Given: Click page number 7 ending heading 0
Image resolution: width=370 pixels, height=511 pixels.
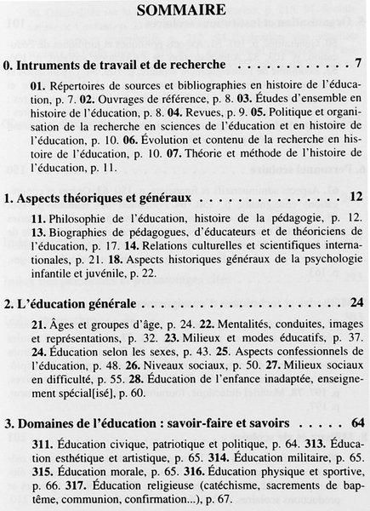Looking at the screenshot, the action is pyautogui.click(x=359, y=63).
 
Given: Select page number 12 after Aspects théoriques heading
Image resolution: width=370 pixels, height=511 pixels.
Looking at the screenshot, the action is pyautogui.click(x=356, y=198).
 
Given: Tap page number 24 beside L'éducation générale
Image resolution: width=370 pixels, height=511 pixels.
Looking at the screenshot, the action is pyautogui.click(x=356, y=302).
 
